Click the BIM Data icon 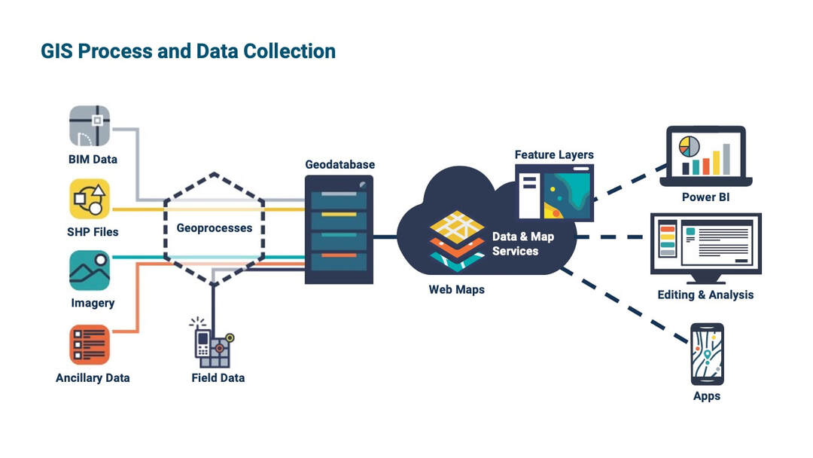tap(90, 125)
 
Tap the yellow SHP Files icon tap(90, 198)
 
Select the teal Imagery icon tap(90, 270)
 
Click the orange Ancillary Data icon tap(90, 344)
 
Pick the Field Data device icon tap(213, 343)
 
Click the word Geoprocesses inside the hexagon tap(215, 227)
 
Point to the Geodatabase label tap(340, 164)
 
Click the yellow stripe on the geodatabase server tap(339, 214)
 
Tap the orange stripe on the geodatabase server tap(339, 256)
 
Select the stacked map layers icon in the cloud tap(457, 239)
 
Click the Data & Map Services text tap(522, 243)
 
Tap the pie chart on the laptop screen tap(689, 145)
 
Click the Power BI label tap(705, 198)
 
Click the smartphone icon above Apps tap(707, 354)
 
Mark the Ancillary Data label tap(93, 377)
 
